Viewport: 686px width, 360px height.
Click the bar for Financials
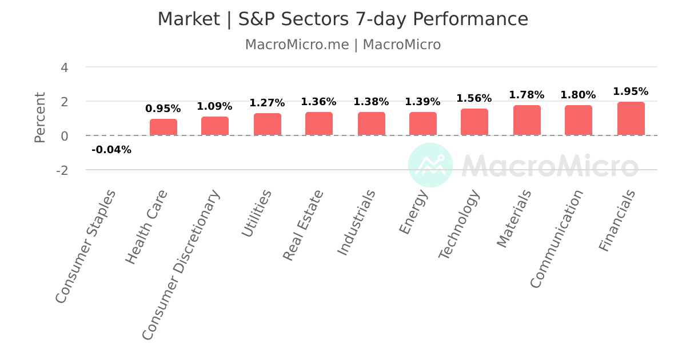click(x=631, y=119)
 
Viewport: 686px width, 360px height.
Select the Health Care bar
click(x=163, y=127)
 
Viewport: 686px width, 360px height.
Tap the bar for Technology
click(x=474, y=122)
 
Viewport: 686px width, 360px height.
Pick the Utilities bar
click(x=267, y=125)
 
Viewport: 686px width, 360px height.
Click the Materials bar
click(x=527, y=121)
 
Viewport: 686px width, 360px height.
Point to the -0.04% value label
click(x=111, y=150)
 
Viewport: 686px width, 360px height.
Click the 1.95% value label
click(x=631, y=91)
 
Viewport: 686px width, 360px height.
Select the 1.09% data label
click(x=214, y=106)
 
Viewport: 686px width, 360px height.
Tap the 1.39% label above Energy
click(x=422, y=102)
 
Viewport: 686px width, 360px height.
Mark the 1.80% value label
click(x=578, y=95)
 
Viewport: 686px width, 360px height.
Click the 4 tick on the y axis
click(x=64, y=67)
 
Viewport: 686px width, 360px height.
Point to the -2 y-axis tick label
click(x=61, y=170)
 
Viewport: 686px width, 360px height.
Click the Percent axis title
click(x=39, y=117)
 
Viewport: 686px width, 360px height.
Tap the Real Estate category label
click(x=304, y=225)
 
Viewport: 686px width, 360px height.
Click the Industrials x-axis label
click(x=356, y=222)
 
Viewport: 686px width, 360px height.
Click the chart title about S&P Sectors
click(x=343, y=19)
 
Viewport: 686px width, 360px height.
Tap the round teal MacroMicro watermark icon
click(x=430, y=165)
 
